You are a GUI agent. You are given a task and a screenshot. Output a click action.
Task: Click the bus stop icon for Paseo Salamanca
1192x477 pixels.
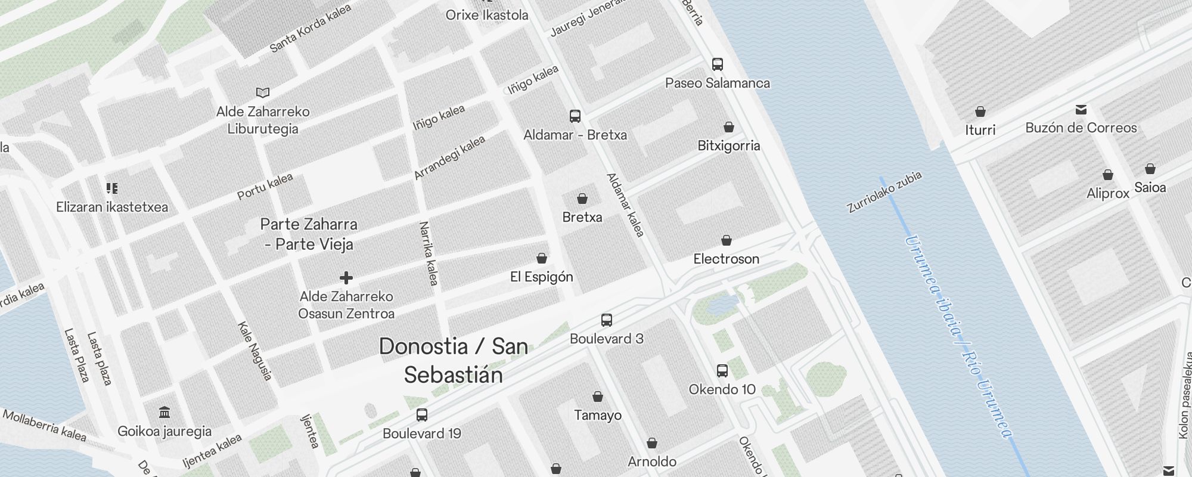[x=718, y=64]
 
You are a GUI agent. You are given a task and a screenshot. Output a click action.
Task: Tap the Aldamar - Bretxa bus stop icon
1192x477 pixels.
[x=575, y=116]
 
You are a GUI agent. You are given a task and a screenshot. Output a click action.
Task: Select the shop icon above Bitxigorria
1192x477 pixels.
[x=729, y=127]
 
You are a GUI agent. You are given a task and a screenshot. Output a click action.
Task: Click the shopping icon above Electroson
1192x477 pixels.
[x=727, y=240]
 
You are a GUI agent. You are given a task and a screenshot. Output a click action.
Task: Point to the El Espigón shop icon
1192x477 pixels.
[x=542, y=258]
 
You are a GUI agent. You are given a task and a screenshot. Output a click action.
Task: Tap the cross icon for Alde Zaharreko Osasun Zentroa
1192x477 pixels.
[x=346, y=278]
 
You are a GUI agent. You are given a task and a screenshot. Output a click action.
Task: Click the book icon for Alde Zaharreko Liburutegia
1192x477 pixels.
[x=263, y=92]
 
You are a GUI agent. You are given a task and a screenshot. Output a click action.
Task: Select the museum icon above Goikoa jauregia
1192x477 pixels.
[x=164, y=413]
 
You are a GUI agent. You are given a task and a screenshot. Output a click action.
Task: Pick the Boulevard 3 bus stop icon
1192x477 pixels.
[x=607, y=320]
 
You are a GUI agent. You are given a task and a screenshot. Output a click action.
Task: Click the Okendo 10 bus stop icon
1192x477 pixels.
[x=722, y=371]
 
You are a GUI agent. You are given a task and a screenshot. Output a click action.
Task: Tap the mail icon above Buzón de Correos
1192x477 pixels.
[x=1081, y=110]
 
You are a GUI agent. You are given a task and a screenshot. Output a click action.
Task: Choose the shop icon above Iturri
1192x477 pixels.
[x=980, y=111]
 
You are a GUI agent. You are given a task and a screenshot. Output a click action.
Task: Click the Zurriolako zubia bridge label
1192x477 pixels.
[x=884, y=192]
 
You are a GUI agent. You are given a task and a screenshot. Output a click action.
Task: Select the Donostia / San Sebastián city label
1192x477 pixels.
[x=454, y=360]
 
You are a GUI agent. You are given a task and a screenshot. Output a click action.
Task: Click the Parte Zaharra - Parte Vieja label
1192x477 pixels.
[x=309, y=234]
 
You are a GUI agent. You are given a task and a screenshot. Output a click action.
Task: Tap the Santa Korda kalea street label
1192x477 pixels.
[x=311, y=28]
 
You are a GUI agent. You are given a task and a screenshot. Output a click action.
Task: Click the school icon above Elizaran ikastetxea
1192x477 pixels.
[x=112, y=189]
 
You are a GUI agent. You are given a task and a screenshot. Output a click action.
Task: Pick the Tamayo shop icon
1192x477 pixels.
[x=598, y=397]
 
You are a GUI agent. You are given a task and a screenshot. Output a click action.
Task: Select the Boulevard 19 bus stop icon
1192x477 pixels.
[x=422, y=415]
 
